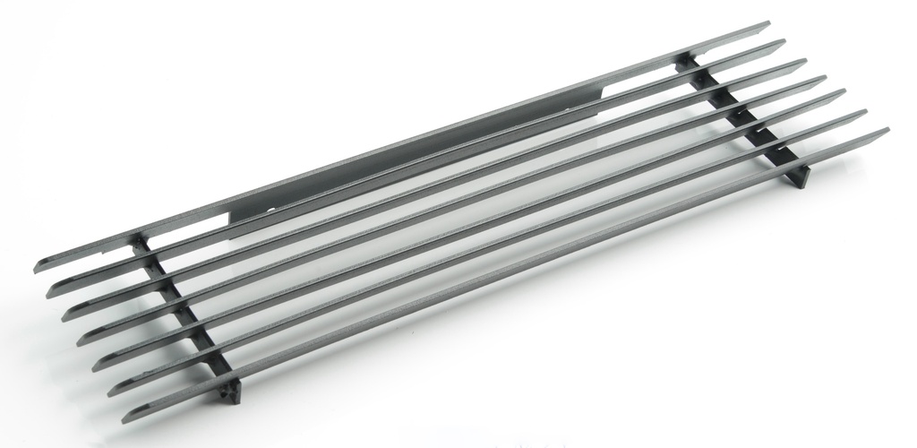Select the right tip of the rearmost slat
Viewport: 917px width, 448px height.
pyautogui.click(x=768, y=24)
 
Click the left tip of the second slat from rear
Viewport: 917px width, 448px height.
pyautogui.click(x=51, y=290)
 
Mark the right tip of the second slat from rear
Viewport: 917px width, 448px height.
pyautogui.click(x=784, y=42)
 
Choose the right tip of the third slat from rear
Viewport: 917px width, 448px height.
pyautogui.click(x=805, y=61)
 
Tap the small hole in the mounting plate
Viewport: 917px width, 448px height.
pyautogui.click(x=271, y=208)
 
